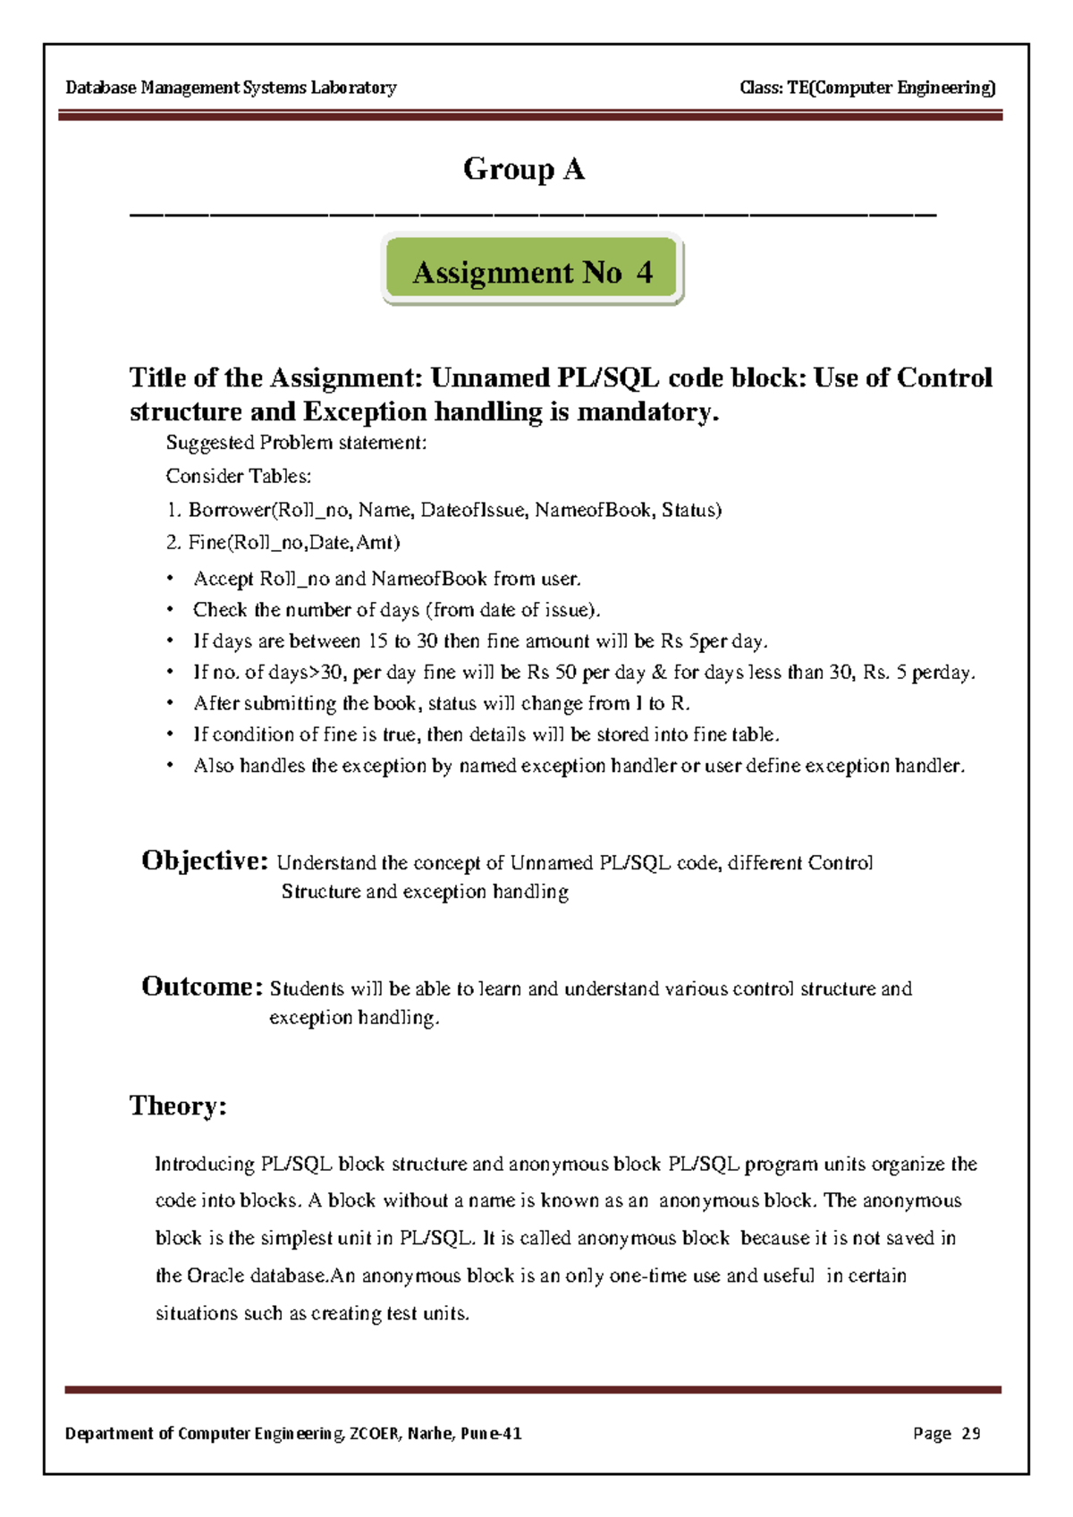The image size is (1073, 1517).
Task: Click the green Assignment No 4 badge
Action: [x=533, y=271]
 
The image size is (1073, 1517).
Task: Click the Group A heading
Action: [x=524, y=169]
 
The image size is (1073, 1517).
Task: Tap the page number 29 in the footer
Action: [x=970, y=1434]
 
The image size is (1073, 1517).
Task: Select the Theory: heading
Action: [x=178, y=1106]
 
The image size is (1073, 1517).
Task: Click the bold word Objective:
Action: [x=205, y=861]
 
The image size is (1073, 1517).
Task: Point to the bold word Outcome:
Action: [x=202, y=987]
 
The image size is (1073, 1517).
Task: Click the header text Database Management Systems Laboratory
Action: [x=231, y=88]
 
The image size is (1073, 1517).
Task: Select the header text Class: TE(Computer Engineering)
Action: [x=867, y=88]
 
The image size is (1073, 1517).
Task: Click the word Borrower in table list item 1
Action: [x=229, y=510]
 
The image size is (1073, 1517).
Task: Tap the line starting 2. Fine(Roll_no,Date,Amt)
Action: [x=283, y=542]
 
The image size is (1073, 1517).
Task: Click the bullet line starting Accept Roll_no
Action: [x=387, y=579]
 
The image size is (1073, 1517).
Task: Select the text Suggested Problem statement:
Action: [x=296, y=443]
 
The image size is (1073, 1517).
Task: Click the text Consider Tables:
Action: [x=238, y=476]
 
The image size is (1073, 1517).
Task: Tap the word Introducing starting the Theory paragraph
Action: [x=205, y=1164]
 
